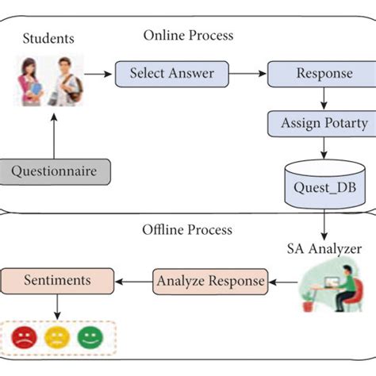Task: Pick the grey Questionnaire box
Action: click(x=55, y=171)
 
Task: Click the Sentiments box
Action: click(x=56, y=280)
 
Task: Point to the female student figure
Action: click(x=34, y=82)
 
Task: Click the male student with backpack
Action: click(x=67, y=82)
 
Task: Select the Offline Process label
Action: click(x=187, y=230)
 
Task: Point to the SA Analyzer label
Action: click(x=324, y=248)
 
